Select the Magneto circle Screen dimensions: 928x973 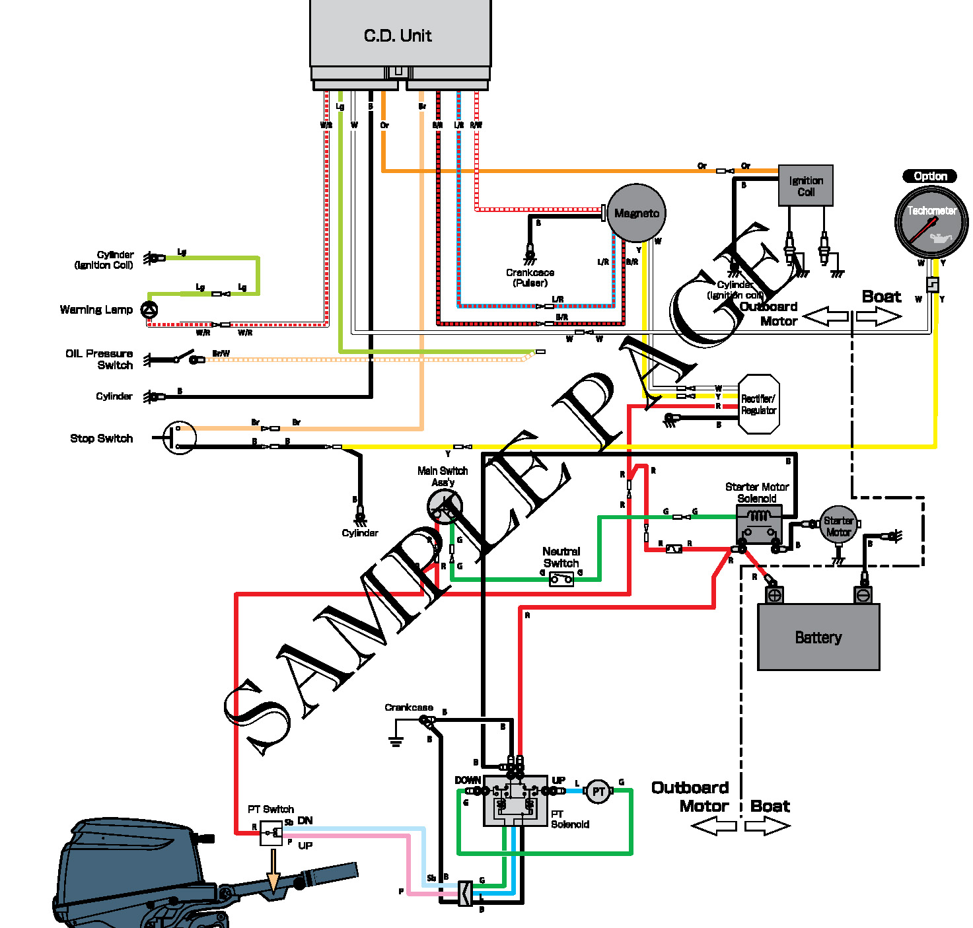point(636,213)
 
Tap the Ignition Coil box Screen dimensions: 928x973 point(805,186)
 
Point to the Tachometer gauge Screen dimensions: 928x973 point(931,222)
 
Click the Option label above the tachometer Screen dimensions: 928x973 point(929,176)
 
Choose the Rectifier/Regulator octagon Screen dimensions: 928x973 point(758,404)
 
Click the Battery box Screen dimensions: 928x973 point(818,637)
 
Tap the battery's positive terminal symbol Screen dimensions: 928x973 point(774,595)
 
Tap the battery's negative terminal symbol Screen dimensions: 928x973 point(863,595)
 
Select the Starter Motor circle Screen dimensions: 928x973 point(838,526)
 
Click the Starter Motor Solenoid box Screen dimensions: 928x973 point(759,524)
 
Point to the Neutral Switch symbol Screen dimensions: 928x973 point(561,579)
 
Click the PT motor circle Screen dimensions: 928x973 point(598,791)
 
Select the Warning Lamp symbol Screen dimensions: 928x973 point(150,309)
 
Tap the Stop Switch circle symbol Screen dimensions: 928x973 point(180,437)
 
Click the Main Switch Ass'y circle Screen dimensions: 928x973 point(444,507)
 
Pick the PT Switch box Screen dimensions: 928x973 point(271,833)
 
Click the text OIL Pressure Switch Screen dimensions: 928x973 point(100,359)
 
